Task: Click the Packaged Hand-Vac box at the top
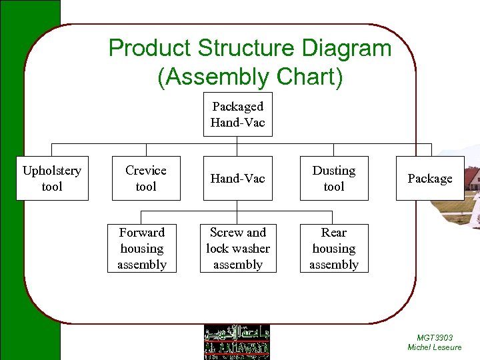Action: [x=237, y=114]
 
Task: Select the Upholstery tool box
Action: [x=52, y=179]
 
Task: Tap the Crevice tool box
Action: [x=145, y=179]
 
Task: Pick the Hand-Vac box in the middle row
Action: [x=237, y=179]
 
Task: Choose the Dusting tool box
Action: [x=333, y=179]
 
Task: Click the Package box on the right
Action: [x=429, y=179]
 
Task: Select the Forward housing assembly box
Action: [x=141, y=249]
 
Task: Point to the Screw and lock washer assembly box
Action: [x=237, y=249]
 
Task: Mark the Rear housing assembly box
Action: [x=333, y=249]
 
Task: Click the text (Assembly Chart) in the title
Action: [x=250, y=77]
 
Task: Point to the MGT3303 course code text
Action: [x=434, y=338]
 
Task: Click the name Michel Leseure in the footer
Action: [x=434, y=347]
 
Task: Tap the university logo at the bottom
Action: [x=237, y=342]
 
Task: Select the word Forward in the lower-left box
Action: [x=141, y=233]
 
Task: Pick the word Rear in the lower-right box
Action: [x=333, y=233]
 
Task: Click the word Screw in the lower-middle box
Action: [x=224, y=233]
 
